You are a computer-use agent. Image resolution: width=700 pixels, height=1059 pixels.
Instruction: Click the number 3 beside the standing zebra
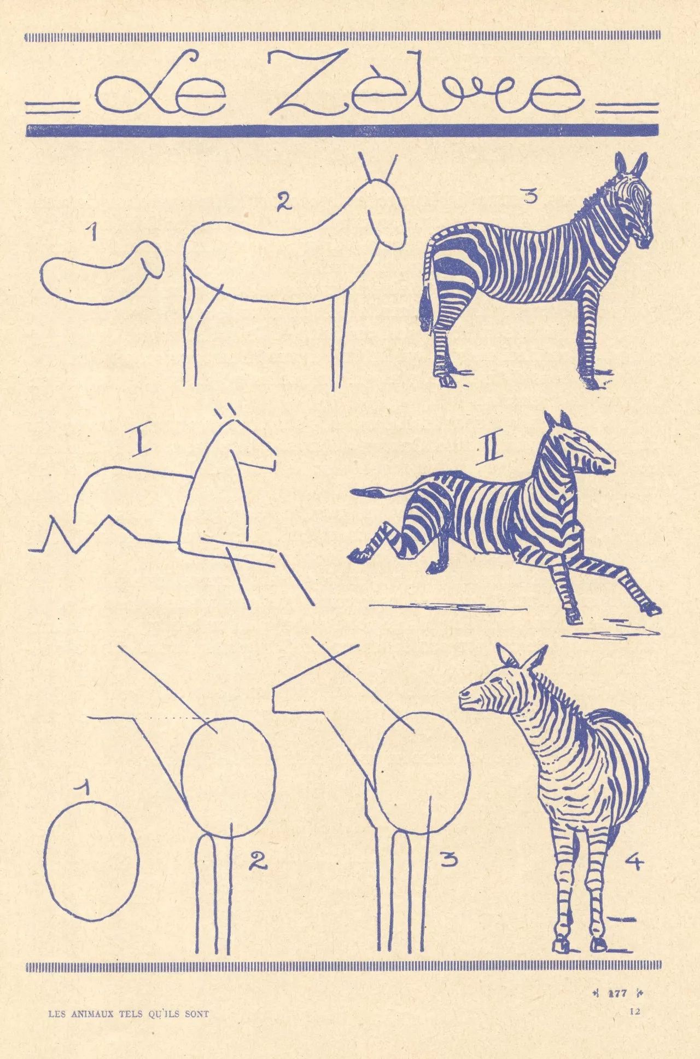pyautogui.click(x=528, y=195)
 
